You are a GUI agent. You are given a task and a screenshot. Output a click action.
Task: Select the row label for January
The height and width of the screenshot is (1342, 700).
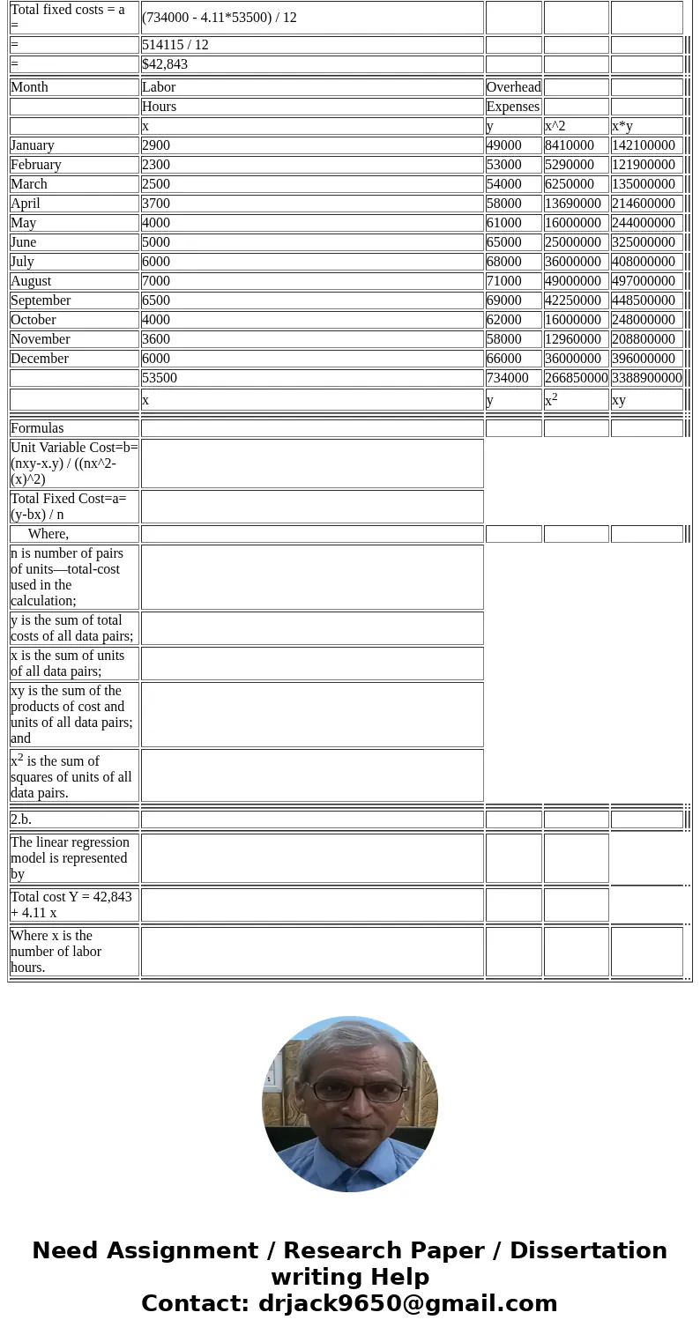(33, 145)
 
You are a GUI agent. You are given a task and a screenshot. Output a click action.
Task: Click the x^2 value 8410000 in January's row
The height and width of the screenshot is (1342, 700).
(570, 145)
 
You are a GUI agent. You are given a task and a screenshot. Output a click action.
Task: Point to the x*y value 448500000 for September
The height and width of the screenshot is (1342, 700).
(644, 300)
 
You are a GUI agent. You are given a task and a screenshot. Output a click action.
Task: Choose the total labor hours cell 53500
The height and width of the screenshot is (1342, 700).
(160, 378)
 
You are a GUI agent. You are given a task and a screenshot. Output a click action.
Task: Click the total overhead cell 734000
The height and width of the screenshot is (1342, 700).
(508, 378)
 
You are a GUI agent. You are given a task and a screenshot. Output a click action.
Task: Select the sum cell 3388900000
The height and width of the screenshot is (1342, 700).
(647, 378)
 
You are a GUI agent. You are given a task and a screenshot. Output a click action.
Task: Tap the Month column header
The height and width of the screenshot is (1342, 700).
(30, 87)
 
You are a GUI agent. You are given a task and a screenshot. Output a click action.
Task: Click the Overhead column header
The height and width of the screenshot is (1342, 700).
(514, 87)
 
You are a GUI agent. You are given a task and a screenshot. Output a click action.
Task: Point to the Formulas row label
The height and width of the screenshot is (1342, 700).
(37, 428)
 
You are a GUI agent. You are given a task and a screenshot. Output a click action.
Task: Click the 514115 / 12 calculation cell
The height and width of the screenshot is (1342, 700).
(175, 45)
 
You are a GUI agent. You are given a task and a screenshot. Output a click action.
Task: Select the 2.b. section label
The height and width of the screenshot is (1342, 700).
(21, 819)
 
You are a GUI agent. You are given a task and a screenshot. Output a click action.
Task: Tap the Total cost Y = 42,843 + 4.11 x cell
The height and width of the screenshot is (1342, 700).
(71, 905)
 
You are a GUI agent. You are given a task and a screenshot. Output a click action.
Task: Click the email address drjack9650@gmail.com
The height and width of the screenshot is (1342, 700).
(407, 1304)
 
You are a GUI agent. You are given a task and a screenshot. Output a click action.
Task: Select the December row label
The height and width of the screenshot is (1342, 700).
(40, 359)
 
